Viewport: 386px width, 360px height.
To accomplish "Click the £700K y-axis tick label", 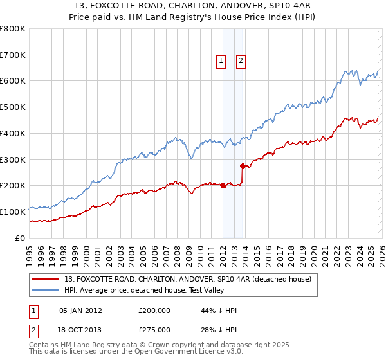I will (x=13, y=55).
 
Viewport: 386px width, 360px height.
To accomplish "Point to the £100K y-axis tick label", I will (x=13, y=212).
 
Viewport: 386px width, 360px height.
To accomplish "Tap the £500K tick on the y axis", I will (x=13, y=107).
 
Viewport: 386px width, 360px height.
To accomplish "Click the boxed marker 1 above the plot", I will (x=221, y=61).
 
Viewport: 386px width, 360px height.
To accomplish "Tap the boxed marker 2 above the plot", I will (x=241, y=61).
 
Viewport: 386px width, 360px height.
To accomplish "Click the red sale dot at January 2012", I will (x=223, y=186).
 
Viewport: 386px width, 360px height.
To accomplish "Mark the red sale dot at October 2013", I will (x=243, y=166).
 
